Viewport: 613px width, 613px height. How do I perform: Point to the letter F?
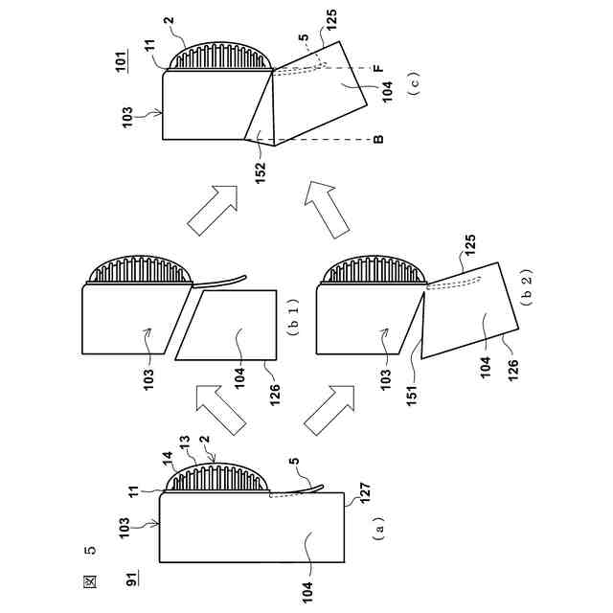pos(378,69)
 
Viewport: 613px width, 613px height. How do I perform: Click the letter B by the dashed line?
pos(378,141)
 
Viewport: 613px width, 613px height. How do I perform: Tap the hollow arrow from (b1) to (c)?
pos(211,210)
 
